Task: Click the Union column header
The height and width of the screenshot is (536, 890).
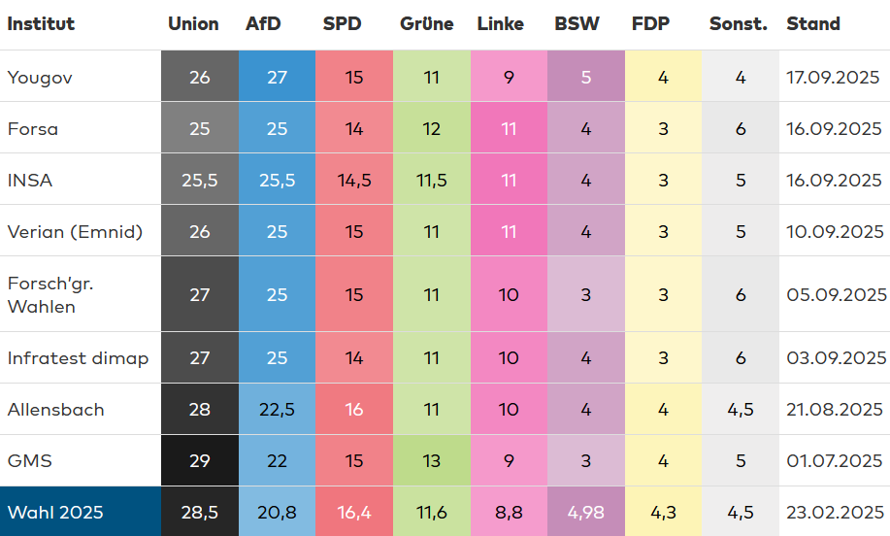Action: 193,24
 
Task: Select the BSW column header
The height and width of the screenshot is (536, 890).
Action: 577,24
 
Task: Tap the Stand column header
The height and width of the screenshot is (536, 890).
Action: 813,24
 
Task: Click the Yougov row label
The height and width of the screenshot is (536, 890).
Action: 40,77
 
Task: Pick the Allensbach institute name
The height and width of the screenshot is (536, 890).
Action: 55,409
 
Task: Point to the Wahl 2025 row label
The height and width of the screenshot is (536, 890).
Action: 55,512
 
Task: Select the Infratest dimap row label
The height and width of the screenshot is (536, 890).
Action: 78,358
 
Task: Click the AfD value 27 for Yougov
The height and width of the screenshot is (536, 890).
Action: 277,77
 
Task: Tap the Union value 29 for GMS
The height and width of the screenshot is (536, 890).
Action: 199,460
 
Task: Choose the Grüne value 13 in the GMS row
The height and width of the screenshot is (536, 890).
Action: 431,460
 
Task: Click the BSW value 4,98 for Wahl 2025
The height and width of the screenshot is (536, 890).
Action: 585,512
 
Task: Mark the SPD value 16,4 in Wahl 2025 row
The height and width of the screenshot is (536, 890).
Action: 354,512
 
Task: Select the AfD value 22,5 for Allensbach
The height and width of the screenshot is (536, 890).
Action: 277,409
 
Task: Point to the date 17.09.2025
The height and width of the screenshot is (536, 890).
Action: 835,77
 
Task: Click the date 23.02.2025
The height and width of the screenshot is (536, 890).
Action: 835,512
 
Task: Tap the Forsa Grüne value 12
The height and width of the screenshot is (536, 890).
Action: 431,128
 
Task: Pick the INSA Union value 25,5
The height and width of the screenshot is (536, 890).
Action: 199,180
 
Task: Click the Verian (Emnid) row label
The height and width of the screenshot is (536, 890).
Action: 75,231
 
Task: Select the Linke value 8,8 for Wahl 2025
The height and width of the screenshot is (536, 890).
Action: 509,512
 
